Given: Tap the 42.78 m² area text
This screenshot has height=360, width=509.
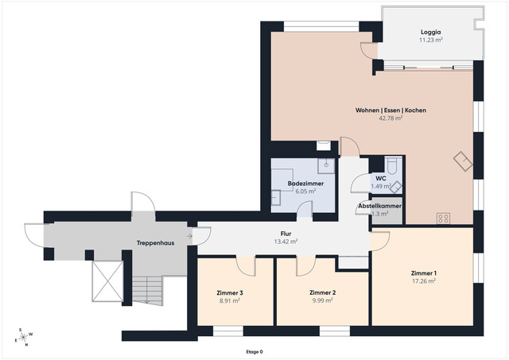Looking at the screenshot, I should [379, 118].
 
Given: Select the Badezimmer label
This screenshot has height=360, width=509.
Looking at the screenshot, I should [305, 184].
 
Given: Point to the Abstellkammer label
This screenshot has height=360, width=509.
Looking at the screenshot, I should [379, 206].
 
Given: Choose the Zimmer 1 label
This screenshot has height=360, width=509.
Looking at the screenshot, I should [424, 273].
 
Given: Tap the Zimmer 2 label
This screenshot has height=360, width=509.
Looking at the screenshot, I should [322, 292].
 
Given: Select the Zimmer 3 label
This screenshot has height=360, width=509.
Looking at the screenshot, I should [230, 292].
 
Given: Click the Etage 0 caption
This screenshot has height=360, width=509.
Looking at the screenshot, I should [254, 351].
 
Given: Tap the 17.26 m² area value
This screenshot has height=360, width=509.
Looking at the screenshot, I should [424, 281].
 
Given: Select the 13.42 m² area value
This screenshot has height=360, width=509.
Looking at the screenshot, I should [285, 242].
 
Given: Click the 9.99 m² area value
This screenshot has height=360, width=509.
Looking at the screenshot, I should [322, 300].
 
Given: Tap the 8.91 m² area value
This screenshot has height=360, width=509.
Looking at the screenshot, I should [230, 300].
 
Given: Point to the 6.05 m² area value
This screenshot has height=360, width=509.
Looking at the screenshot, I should [305, 192].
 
